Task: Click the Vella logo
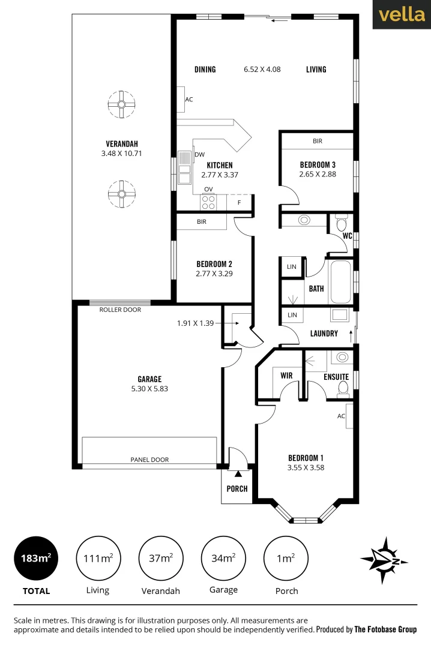pos(402,15)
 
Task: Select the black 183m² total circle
pos(36,559)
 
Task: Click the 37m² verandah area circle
pos(161,559)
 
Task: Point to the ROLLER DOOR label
pos(121,310)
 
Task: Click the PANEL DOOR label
pos(149,460)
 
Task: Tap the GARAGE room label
pos(149,379)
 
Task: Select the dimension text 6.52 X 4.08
pos(262,69)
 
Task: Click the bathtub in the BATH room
pos(340,281)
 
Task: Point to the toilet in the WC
pos(342,225)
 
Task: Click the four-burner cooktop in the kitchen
pos(208,202)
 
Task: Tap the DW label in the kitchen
pos(199,154)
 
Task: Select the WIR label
pos(287,376)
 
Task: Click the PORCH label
pos(237,488)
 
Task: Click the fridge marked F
pos(240,202)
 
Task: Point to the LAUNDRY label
pos(324,334)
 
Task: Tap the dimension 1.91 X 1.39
pos(196,323)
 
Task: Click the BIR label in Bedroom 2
pos(202,221)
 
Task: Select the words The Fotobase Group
pos(385,629)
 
